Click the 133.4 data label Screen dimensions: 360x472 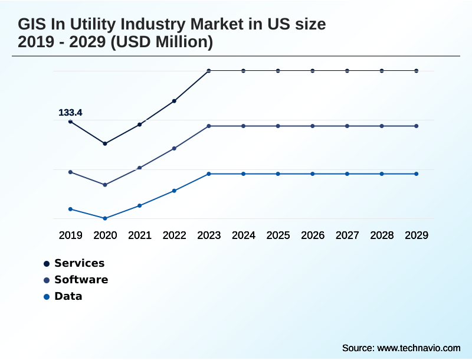tap(70, 112)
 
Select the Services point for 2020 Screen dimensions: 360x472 tap(105, 143)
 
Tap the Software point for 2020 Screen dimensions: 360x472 tap(105, 185)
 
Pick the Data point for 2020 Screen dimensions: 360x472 tap(105, 218)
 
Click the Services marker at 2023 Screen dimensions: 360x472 tap(209, 71)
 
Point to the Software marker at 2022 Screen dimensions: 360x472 tap(174, 148)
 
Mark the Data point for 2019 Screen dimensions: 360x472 tap(70, 209)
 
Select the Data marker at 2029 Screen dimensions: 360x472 tap(417, 174)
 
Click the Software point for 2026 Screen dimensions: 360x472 tap(313, 126)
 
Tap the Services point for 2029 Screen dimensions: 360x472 tap(417, 71)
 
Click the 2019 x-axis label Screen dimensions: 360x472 tap(70, 235)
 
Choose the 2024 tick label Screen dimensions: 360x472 tap(243, 235)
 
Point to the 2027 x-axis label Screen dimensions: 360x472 tap(347, 235)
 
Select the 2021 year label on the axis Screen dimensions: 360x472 tap(140, 235)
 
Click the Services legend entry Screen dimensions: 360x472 tap(79, 263)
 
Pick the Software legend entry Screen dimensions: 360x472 tap(81, 280)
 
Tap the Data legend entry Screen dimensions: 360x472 tap(68, 296)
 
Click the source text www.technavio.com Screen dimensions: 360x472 tap(418, 348)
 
